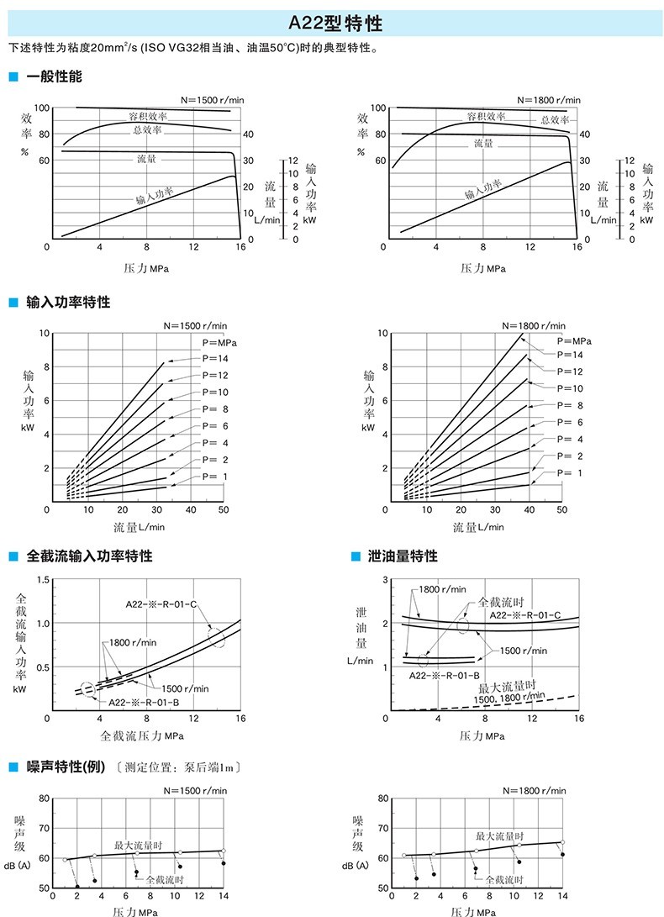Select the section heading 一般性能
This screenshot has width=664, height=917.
click(55, 77)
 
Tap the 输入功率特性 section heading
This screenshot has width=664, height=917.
click(68, 302)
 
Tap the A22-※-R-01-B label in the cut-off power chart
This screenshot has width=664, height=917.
click(144, 702)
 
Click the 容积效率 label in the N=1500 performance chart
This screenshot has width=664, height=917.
click(147, 115)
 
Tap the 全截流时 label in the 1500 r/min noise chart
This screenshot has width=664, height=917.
click(165, 879)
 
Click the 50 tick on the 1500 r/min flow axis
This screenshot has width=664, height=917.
click(224, 510)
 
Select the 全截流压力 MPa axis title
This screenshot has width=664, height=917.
click(142, 735)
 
